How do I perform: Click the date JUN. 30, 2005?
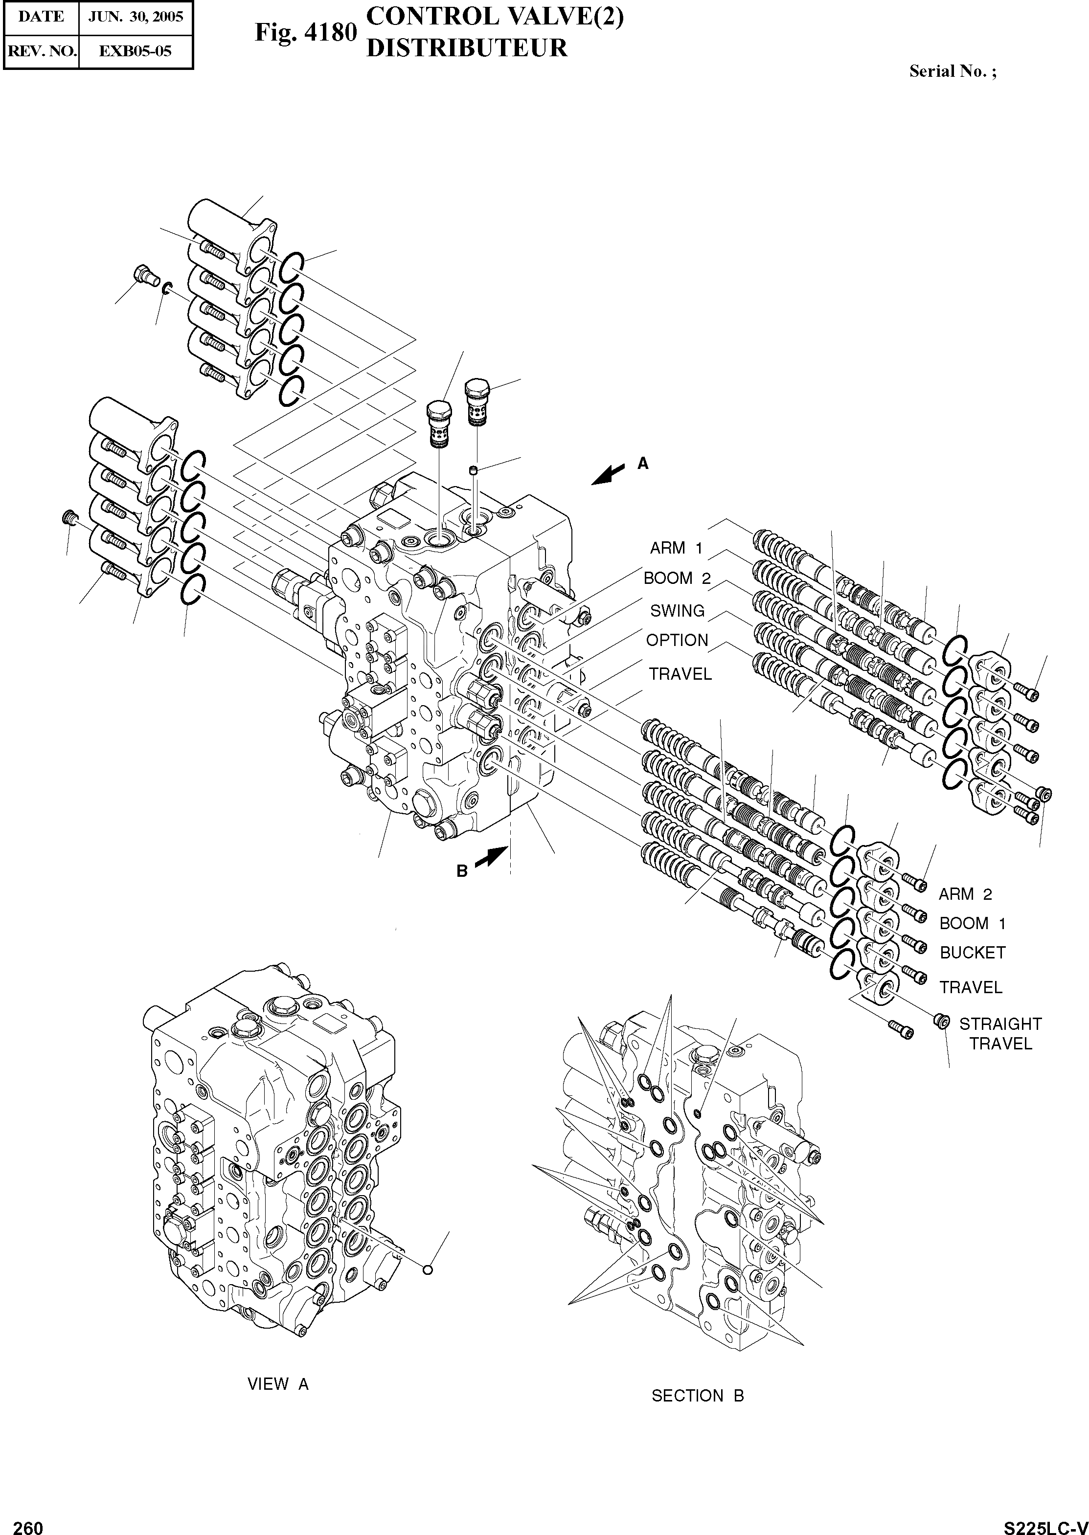click(136, 17)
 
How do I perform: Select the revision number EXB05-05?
click(136, 51)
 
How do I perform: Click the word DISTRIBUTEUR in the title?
click(467, 48)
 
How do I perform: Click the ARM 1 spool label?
click(676, 548)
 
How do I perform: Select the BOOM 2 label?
click(677, 578)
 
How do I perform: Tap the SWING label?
click(677, 611)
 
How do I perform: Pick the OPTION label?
click(677, 640)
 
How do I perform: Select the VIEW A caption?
click(278, 1384)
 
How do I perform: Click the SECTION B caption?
click(698, 1396)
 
